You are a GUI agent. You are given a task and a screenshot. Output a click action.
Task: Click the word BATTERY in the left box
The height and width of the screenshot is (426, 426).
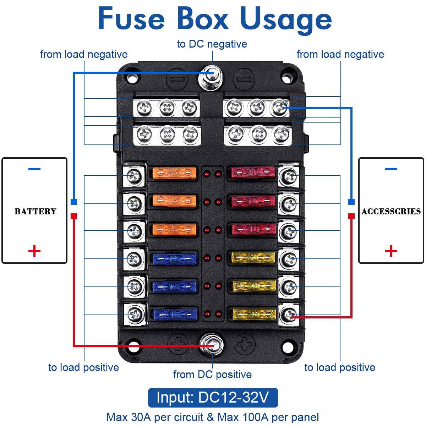(35, 212)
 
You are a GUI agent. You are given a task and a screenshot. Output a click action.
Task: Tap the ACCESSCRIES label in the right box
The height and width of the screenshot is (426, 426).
(391, 212)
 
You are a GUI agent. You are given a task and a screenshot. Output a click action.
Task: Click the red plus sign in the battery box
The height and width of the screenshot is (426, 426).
(34, 251)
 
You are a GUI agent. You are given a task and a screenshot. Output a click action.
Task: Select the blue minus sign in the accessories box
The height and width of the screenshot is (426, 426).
(391, 169)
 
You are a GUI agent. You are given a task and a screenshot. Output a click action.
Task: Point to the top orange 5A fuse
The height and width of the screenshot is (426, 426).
(174, 173)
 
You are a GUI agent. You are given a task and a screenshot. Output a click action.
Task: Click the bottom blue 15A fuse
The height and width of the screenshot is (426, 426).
(174, 314)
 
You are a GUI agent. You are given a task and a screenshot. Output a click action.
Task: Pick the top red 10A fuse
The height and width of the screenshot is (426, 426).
(253, 173)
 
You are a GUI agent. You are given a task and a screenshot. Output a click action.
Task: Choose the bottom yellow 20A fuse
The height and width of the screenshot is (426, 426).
(254, 314)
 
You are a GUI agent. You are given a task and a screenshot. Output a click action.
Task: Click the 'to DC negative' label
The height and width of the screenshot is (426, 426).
(212, 44)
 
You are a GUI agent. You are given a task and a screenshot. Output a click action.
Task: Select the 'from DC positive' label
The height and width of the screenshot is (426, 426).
(212, 375)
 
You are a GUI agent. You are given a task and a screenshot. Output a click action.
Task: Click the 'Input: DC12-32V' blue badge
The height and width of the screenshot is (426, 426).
(213, 398)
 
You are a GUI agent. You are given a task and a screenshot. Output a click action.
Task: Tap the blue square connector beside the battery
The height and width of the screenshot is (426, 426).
(74, 202)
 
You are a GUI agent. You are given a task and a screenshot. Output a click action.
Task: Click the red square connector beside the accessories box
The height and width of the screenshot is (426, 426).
(351, 216)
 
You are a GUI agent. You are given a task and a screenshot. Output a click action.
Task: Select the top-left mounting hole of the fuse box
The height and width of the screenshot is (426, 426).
(132, 78)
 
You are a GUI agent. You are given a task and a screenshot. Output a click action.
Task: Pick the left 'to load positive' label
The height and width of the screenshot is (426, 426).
(83, 367)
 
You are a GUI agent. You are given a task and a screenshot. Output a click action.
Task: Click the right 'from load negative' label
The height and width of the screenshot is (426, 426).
(340, 54)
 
